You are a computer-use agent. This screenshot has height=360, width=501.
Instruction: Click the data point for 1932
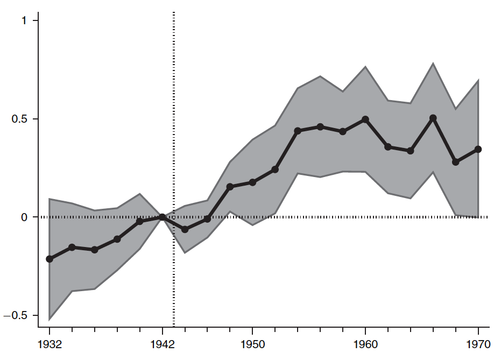point(50,259)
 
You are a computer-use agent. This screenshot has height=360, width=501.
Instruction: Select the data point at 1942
point(163,217)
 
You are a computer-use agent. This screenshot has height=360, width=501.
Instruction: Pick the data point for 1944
point(185,229)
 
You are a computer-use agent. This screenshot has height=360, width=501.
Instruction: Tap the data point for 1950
point(252,182)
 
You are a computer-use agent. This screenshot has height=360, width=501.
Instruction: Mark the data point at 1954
point(298,131)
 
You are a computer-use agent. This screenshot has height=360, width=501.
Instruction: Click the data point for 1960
point(365,119)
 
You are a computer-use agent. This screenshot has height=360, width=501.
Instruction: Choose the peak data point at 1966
point(433,118)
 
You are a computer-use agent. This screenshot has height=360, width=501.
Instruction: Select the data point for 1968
point(456,162)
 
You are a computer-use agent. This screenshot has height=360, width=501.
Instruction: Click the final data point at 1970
point(478,149)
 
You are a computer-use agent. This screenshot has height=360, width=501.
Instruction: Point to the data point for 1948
point(230,187)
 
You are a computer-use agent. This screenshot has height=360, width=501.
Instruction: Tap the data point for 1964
point(411,151)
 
